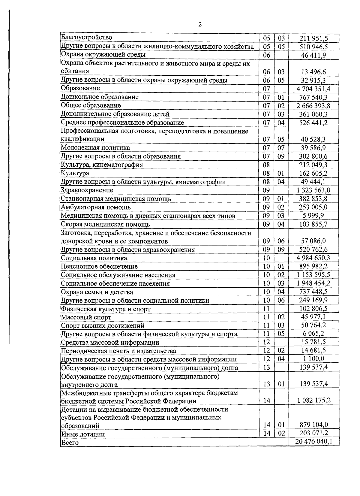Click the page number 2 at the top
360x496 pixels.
(200, 24)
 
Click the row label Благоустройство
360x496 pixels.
(86, 38)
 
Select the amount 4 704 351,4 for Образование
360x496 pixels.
(313, 89)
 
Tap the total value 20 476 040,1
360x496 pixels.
(313, 442)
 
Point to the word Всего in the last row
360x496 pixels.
(70, 443)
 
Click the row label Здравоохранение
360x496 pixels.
(87, 190)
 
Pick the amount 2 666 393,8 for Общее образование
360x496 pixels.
(313, 106)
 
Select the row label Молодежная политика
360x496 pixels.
(95, 148)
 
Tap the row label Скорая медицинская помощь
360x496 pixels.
(105, 224)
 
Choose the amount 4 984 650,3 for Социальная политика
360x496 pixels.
(313, 258)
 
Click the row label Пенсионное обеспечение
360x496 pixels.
(99, 267)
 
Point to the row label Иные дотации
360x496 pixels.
(83, 434)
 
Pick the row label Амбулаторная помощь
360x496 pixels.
(96, 207)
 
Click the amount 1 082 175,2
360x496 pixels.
(313, 401)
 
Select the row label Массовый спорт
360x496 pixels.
(86, 317)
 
